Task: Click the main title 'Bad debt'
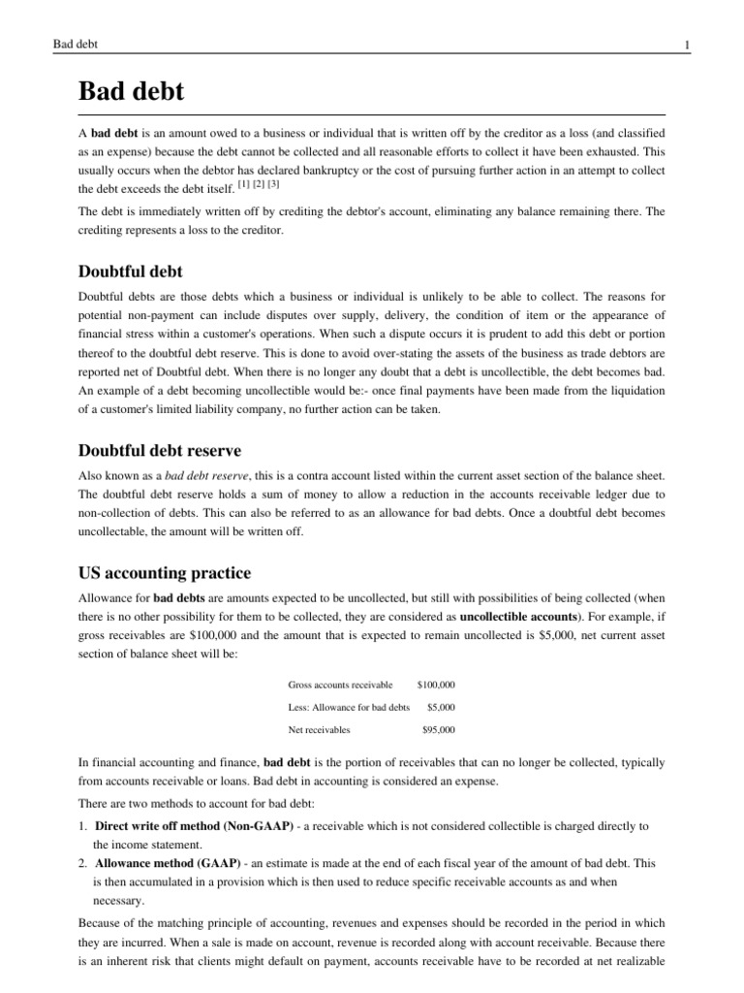[x=130, y=93]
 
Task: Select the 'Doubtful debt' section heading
[x=130, y=272]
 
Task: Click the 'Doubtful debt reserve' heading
[x=159, y=451]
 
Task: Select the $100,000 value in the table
[x=436, y=685]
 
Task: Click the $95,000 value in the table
[x=439, y=729]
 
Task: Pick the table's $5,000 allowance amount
[x=441, y=707]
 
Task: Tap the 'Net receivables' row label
[x=319, y=729]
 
